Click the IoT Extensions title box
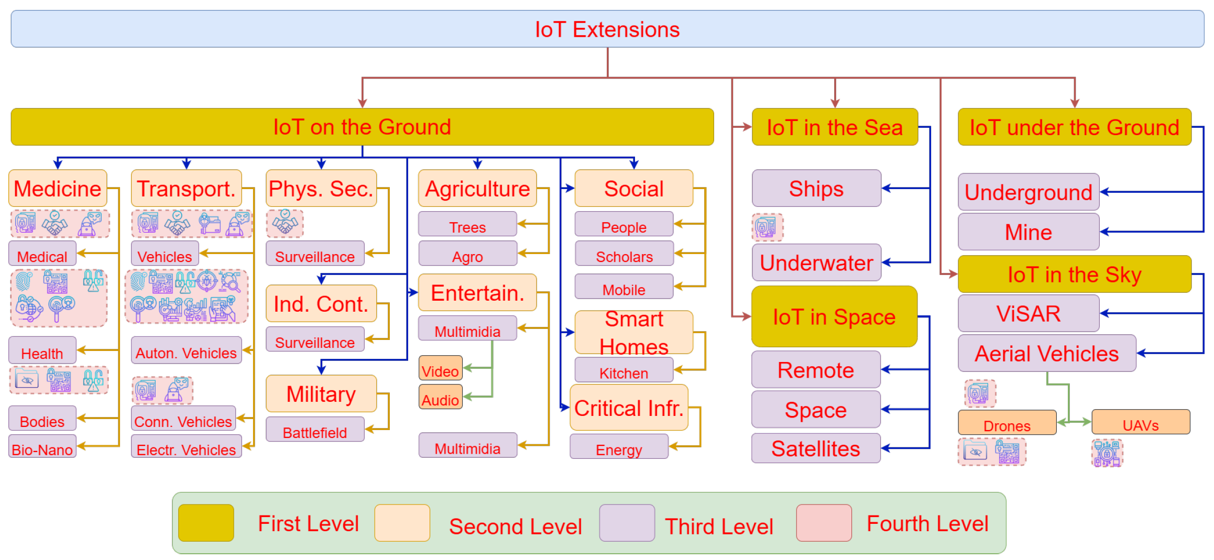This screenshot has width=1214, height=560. click(607, 29)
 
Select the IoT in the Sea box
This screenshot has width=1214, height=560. click(834, 127)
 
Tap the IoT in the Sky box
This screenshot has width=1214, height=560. click(1074, 274)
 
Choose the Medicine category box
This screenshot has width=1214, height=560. click(58, 189)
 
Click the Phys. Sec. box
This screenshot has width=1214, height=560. click(321, 189)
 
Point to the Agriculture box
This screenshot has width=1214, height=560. click(477, 189)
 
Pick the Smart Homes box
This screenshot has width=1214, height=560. click(633, 333)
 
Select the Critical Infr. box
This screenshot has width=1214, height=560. click(628, 408)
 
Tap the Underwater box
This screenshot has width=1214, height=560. click(816, 262)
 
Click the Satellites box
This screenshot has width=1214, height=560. click(815, 448)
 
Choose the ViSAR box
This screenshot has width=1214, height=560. click(1028, 313)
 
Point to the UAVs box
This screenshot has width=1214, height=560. click(1140, 423)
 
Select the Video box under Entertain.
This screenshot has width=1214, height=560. click(440, 369)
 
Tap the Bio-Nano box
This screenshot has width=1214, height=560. click(42, 447)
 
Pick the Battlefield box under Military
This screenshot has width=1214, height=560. click(315, 430)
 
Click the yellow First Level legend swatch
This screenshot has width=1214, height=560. click(206, 523)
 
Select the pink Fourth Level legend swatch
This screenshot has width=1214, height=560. click(824, 523)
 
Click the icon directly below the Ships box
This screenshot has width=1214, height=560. click(767, 227)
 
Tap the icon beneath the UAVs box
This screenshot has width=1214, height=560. click(1107, 453)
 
